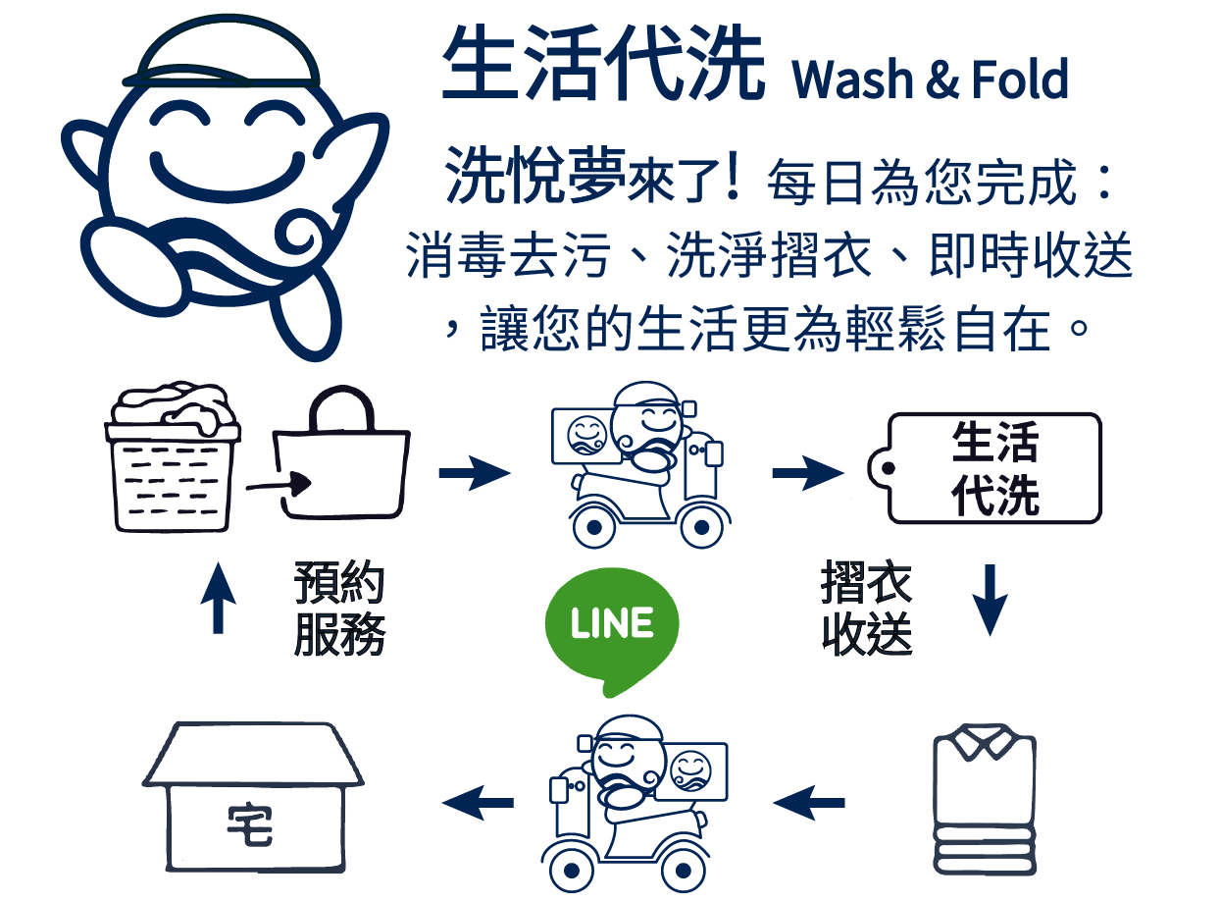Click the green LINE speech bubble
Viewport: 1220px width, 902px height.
click(x=611, y=625)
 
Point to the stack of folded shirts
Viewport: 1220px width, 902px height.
click(x=982, y=800)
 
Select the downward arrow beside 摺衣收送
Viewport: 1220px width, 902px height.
click(x=991, y=599)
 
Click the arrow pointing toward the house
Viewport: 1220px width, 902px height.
click(x=479, y=803)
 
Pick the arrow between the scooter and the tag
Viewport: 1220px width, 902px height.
click(x=807, y=475)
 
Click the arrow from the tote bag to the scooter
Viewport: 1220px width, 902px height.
click(x=475, y=475)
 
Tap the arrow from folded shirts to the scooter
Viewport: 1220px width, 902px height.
click(x=809, y=803)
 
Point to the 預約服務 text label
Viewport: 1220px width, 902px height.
click(x=339, y=610)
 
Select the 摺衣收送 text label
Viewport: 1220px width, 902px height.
click(x=867, y=610)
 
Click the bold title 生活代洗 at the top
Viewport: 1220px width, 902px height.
click(x=602, y=65)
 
